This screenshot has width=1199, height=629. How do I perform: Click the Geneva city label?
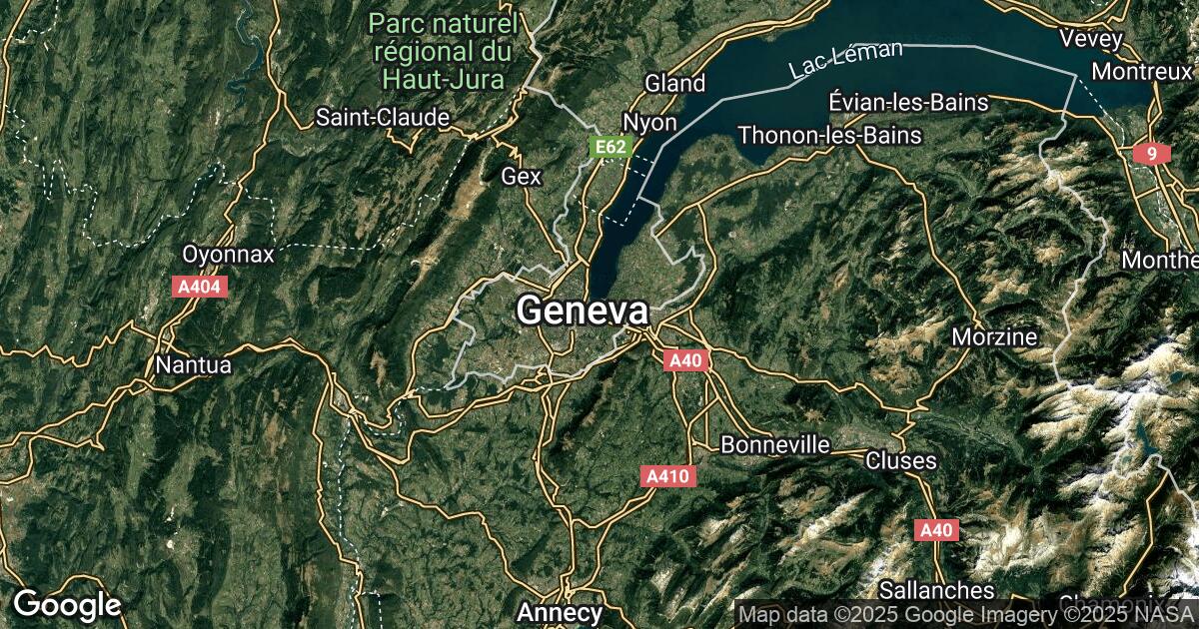[583, 311]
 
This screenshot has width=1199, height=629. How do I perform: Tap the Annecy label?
[560, 611]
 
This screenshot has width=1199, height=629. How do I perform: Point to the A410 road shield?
[667, 477]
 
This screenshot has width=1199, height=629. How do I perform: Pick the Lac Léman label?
[845, 59]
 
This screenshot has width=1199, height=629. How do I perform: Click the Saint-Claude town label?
[383, 117]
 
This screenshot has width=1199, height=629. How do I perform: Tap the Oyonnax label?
[228, 254]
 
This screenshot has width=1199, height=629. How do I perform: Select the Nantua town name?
[193, 365]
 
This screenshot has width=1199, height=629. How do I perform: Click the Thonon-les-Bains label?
[829, 135]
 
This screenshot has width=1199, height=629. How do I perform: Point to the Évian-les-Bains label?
[908, 102]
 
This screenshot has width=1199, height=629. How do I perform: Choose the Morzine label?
[994, 336]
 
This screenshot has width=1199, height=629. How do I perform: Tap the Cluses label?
[900, 460]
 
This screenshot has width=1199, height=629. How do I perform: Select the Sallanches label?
[936, 590]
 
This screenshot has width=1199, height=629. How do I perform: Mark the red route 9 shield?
[1152, 154]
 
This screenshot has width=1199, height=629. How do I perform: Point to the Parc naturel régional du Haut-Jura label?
[443, 50]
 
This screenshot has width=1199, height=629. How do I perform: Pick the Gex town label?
[521, 177]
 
